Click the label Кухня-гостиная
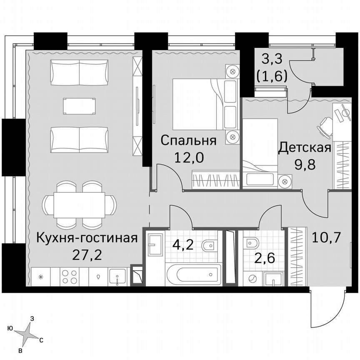click(87, 238)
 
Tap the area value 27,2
click(87, 254)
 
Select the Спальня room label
click(188, 140)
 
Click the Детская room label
click(305, 147)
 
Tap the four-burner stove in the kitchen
click(69, 276)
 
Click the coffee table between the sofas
click(79, 106)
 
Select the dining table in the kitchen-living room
click(79, 205)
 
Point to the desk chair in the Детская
click(325, 125)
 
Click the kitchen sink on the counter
click(118, 277)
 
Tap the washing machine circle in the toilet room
click(252, 278)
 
